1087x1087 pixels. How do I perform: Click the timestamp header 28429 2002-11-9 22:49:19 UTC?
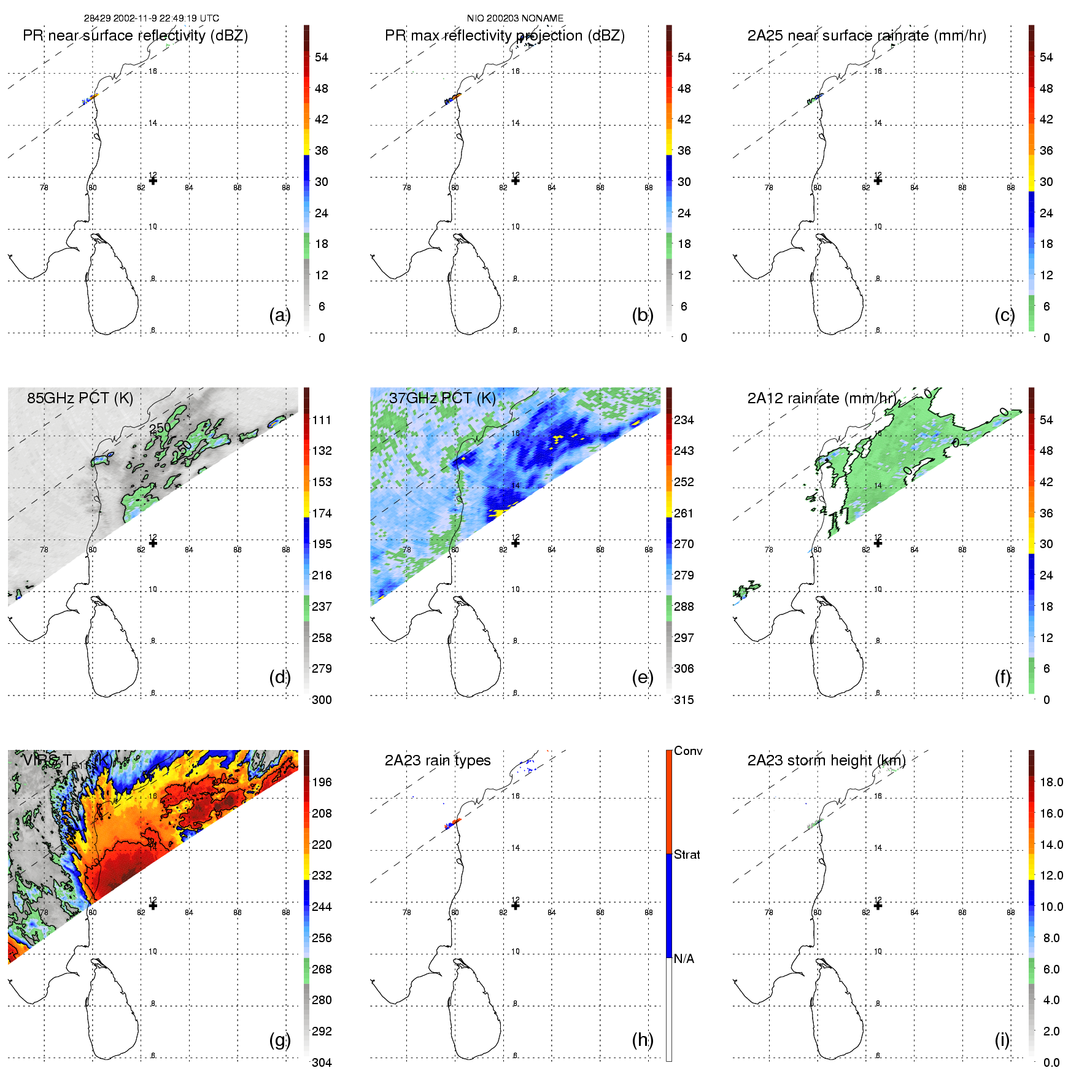point(151,18)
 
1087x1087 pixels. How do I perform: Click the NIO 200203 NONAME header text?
point(515,18)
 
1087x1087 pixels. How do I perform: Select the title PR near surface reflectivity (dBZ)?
point(135,36)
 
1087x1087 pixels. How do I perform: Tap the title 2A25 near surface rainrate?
point(866,36)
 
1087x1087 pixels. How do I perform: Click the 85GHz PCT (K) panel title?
point(80,398)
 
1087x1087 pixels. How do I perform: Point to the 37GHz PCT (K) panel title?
point(442,398)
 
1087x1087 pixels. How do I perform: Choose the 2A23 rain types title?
point(438,760)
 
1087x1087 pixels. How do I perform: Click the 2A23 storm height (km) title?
point(826,760)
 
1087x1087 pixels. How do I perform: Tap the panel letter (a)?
point(279,315)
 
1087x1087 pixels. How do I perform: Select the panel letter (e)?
point(642,677)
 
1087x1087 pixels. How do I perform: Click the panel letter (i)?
point(1002,1040)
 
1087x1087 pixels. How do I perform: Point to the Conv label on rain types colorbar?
point(688,751)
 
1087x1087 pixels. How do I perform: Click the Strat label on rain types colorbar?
point(687,854)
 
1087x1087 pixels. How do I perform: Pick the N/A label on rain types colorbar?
point(684,959)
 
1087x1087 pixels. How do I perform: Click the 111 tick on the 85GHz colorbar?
point(322,420)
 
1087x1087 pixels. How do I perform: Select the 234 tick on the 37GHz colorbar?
point(684,420)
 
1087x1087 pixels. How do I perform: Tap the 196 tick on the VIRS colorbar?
point(322,782)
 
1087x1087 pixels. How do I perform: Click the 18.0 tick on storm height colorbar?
point(1051,782)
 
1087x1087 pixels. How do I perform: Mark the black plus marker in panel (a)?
point(153,180)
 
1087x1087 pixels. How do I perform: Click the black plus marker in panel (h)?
point(516,905)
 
